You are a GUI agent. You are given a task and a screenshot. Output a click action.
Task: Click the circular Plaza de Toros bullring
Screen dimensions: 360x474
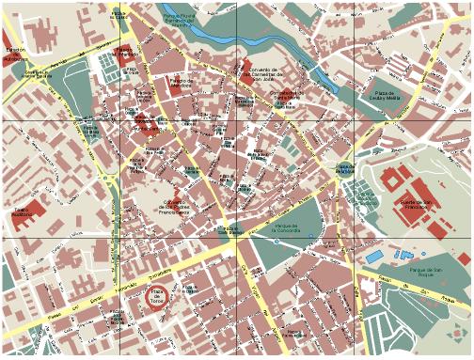[x=159, y=294]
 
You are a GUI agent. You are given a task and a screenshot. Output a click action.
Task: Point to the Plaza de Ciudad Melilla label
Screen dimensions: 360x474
[x=387, y=96]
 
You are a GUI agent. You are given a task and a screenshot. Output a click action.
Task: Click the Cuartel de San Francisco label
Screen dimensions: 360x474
[x=415, y=204]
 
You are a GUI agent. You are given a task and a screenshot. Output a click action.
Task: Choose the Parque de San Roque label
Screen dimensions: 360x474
[x=426, y=272]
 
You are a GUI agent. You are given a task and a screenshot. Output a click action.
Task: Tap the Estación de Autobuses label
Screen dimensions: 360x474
[x=15, y=53]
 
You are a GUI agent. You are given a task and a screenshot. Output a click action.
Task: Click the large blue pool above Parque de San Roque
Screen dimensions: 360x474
[x=374, y=256]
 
